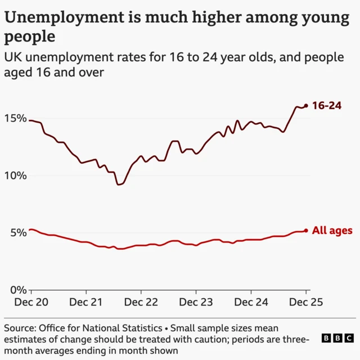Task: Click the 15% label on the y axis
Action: pyautogui.click(x=15, y=119)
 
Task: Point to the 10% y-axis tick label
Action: pyautogui.click(x=15, y=175)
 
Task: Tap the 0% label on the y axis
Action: pyautogui.click(x=19, y=290)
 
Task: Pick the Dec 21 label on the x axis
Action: pyautogui.click(x=86, y=302)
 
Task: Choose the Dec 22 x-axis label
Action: pyautogui.click(x=141, y=302)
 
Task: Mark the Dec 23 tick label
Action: pyautogui.click(x=196, y=302)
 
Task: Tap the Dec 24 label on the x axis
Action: pyautogui.click(x=251, y=302)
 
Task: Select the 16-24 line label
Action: pyautogui.click(x=327, y=105)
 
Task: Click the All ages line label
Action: pyautogui.click(x=332, y=230)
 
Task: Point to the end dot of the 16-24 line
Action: pyautogui.click(x=306, y=105)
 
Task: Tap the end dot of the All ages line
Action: pyautogui.click(x=306, y=230)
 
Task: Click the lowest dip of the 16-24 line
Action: pyautogui.click(x=119, y=184)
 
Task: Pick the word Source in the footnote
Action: pyautogui.click(x=20, y=328)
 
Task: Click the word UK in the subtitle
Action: pyautogui.click(x=13, y=57)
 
